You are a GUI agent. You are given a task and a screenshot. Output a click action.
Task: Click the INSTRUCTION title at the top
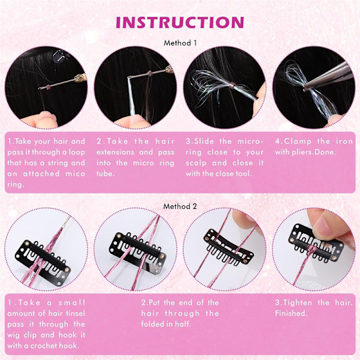[180, 22]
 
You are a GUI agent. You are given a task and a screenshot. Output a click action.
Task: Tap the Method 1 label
[180, 43]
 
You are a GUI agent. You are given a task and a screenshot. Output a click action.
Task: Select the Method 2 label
[180, 206]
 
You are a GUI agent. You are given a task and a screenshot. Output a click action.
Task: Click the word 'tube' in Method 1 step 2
[105, 173]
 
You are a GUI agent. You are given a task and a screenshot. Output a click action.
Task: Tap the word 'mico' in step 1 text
[75, 173]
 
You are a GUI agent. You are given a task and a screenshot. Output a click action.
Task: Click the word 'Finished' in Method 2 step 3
[290, 313]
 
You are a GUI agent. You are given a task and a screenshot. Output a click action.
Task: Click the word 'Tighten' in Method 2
[298, 302]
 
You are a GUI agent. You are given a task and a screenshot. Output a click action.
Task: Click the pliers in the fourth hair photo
[329, 76]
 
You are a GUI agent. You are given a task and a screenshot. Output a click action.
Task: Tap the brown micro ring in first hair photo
[49, 87]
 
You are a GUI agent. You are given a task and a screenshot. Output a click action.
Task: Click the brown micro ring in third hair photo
[232, 84]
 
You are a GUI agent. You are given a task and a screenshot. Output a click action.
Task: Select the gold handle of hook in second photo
[169, 68]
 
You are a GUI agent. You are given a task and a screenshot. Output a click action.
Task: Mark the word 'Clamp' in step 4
[298, 142]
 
